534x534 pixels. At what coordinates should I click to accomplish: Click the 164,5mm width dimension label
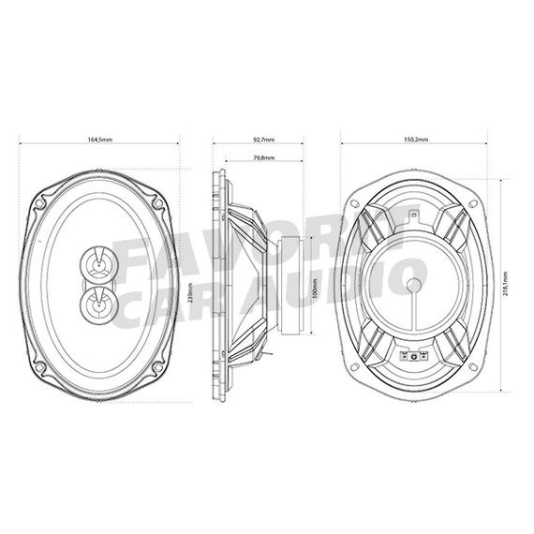(99, 139)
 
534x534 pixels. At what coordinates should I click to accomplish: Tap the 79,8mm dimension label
(263, 158)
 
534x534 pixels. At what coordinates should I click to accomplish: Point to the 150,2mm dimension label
(416, 139)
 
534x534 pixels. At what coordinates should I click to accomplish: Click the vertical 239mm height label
(190, 294)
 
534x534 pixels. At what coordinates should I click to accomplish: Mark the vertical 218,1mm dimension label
(506, 280)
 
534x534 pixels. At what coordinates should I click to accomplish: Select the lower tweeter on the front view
(98, 302)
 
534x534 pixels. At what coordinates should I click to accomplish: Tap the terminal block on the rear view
(413, 357)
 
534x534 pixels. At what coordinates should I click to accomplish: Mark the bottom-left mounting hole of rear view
(354, 366)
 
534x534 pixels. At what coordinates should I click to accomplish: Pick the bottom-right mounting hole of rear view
(474, 366)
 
